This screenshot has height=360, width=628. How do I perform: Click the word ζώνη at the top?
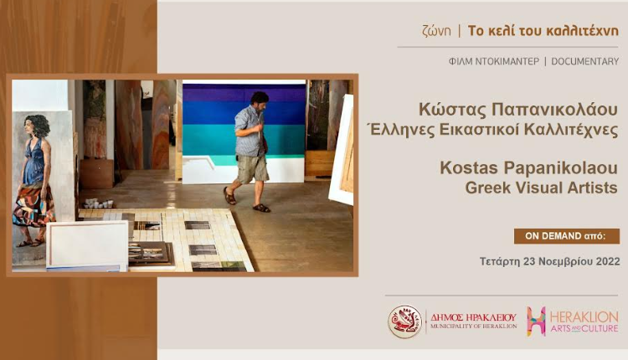436,31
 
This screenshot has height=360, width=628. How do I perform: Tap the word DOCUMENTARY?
585,62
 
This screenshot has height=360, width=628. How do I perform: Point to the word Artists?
592,188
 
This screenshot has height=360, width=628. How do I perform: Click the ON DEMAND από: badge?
567,236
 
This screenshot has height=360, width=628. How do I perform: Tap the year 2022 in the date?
608,261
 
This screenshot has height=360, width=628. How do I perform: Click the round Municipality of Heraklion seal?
404,322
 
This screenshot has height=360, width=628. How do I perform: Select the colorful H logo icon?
536,321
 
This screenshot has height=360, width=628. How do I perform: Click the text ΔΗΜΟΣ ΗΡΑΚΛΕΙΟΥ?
473,317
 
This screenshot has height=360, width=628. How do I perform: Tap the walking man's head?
260,101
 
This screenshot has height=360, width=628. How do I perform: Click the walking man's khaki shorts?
252,168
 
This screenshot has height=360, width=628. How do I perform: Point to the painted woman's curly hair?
39,124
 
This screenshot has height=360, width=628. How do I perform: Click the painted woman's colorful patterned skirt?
33,205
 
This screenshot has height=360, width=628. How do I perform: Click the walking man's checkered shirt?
250,131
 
